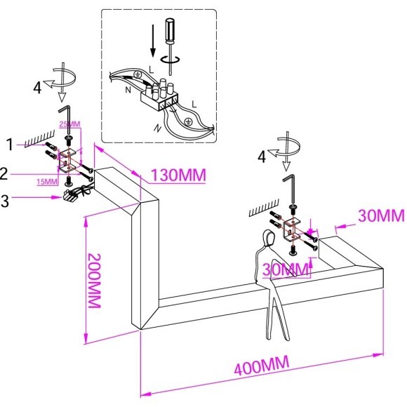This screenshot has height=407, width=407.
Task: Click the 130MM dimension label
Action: pyautogui.click(x=178, y=175)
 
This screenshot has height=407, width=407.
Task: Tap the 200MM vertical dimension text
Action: pyautogui.click(x=94, y=280)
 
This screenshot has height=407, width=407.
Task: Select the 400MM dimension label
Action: pyautogui.click(x=261, y=366)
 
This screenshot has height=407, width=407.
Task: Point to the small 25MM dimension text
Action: pyautogui.click(x=69, y=124)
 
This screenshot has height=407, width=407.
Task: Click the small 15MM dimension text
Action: pyautogui.click(x=47, y=182)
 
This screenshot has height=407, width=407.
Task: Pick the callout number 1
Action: pyautogui.click(x=10, y=145)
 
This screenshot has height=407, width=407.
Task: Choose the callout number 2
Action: pyautogui.click(x=4, y=174)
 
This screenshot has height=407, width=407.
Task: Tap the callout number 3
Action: pyautogui.click(x=5, y=201)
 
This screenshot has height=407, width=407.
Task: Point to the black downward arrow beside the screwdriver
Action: pyautogui.click(x=153, y=41)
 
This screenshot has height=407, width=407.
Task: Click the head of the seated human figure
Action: pyautogui.click(x=269, y=237)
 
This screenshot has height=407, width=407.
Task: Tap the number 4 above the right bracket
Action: pyautogui.click(x=262, y=157)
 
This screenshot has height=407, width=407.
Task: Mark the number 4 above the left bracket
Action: pyautogui.click(x=37, y=87)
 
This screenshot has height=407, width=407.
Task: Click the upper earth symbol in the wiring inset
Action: pyautogui.click(x=137, y=75)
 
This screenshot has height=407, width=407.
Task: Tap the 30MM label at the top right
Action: pyautogui.click(x=381, y=215)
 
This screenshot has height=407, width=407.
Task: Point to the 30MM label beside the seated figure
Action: pyautogui.click(x=286, y=269)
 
